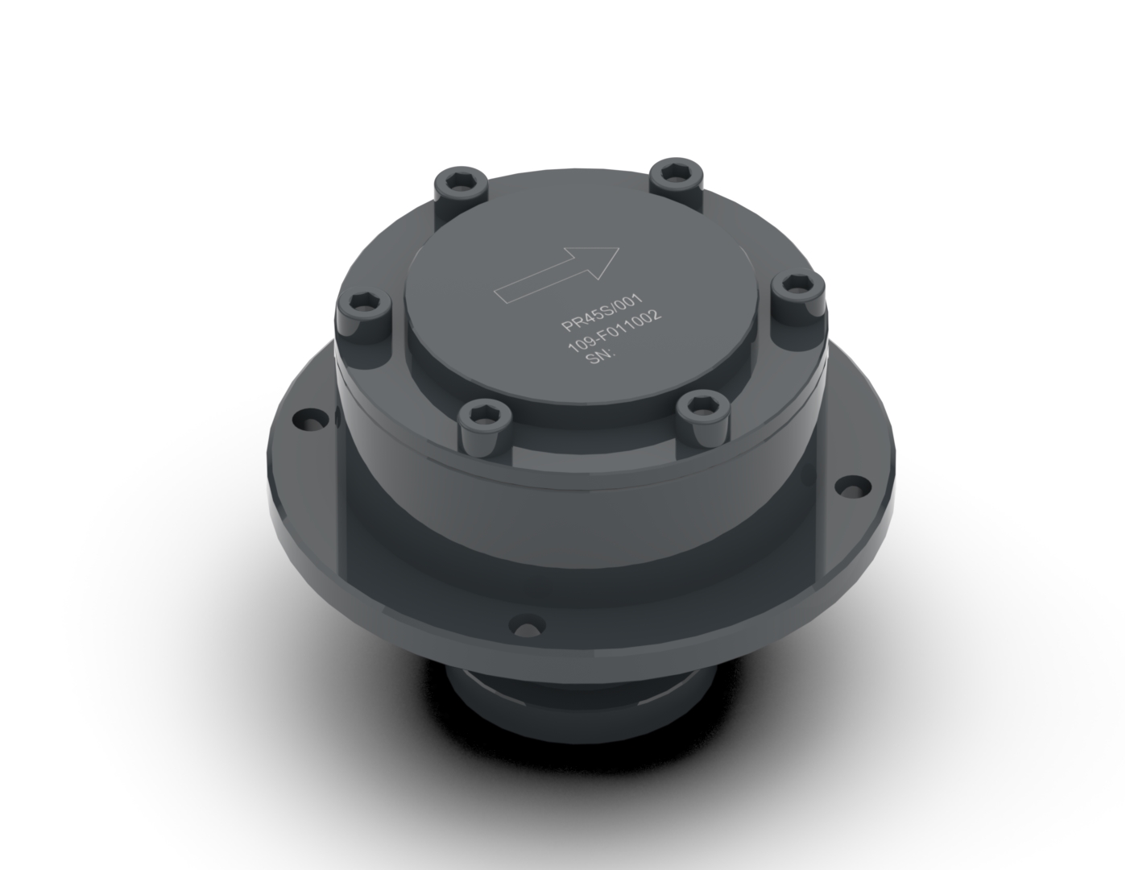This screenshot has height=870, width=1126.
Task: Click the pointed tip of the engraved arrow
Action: (619, 248)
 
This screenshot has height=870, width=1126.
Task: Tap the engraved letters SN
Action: (598, 357)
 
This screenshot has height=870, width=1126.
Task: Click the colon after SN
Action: (613, 353)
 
